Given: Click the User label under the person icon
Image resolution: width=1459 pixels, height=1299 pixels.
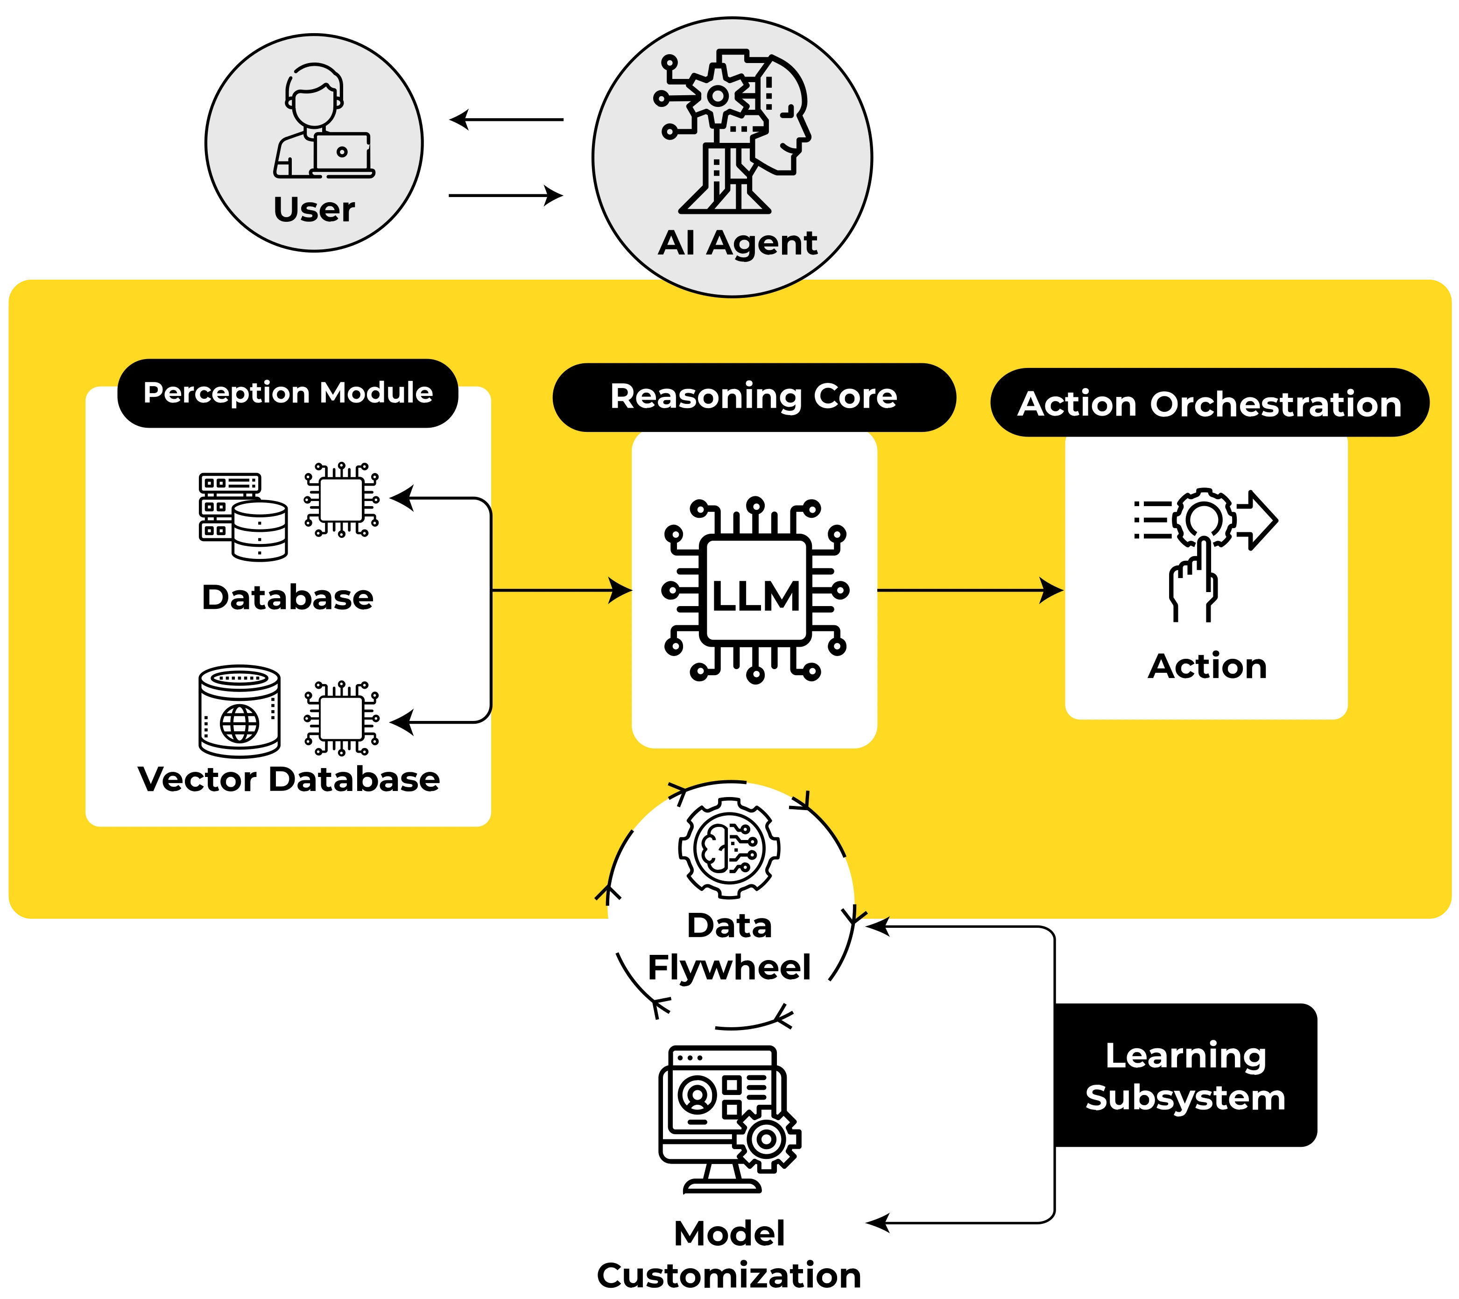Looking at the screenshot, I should coord(314,210).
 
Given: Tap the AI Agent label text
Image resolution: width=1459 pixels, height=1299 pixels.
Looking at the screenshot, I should coord(737,243).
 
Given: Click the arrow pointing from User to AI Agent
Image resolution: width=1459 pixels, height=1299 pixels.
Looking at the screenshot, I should coord(506,194).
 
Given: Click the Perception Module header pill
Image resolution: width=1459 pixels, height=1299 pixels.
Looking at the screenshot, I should coord(288,393).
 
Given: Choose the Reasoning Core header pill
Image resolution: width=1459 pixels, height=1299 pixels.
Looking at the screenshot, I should coord(754,397).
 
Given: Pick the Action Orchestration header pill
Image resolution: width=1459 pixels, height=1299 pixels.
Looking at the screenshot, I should coord(1209,403).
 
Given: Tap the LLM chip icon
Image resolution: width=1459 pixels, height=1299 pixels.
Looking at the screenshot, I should coord(755,591).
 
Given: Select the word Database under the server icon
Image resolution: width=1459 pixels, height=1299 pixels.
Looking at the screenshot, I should coord(288,597).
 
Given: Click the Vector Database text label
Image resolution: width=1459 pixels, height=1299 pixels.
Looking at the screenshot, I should coord(289,779).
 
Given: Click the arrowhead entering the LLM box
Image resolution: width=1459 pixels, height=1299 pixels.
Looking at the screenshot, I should coord(620,590).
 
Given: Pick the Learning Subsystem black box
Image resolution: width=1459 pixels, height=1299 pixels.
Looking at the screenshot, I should coord(1185,1076).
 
